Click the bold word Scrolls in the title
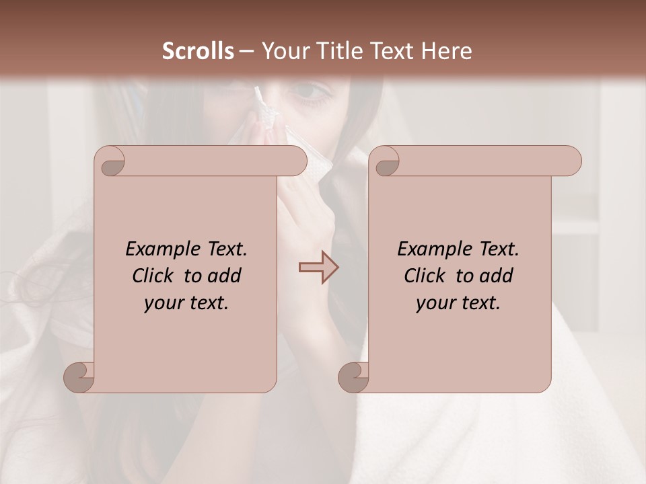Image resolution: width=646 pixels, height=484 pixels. coord(198,50)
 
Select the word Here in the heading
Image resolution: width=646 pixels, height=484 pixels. coord(445,50)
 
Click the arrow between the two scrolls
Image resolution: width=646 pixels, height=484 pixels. coord(318,268)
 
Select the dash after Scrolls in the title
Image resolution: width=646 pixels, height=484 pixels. coord(246,50)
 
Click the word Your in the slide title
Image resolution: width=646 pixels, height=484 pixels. coord(284,50)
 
